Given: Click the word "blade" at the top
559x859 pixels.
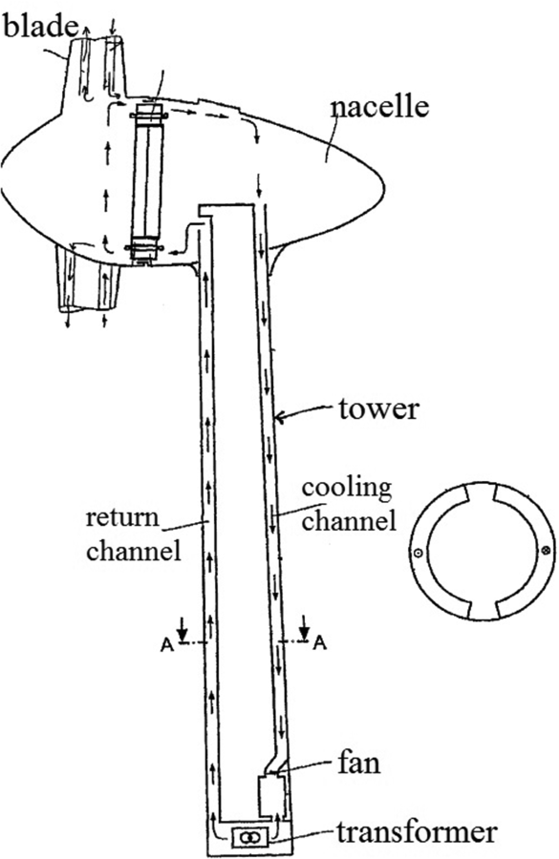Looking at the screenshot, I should [x=38, y=26].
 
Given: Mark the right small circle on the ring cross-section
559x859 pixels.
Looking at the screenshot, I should [x=546, y=552].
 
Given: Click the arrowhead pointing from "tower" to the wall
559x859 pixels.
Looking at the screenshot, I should [x=279, y=415].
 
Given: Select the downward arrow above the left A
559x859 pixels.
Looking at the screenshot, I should [x=184, y=631].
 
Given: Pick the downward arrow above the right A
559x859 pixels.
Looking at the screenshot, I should [x=304, y=631].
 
